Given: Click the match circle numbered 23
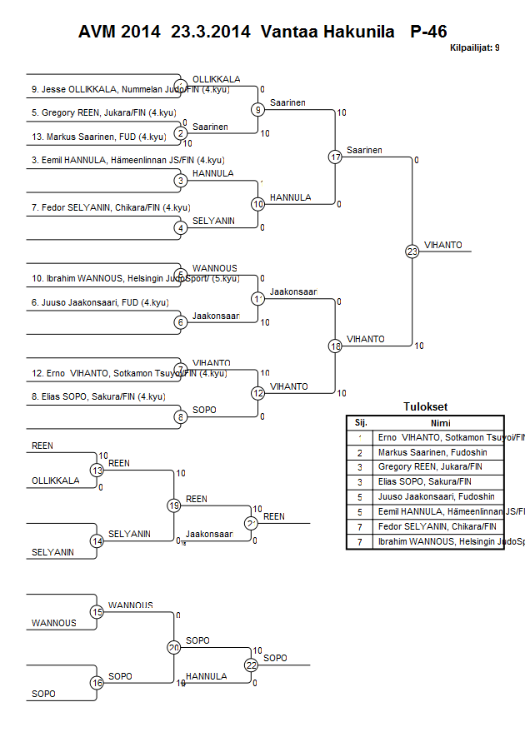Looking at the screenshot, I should point(412,251).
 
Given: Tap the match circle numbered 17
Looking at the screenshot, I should point(335,157).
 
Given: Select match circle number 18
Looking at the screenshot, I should point(335,346).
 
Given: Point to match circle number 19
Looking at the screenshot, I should point(174,505).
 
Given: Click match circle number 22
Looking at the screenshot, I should point(251,665).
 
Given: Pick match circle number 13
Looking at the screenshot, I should point(97,471).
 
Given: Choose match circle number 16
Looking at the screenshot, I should point(97,683).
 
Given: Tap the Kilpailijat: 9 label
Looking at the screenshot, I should point(474,48).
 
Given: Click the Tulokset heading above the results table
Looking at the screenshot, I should point(425,407).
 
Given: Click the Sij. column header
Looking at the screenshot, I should point(360,422).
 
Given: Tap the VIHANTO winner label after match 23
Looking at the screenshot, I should point(439,245).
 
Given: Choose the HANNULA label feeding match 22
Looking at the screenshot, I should point(206,676).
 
